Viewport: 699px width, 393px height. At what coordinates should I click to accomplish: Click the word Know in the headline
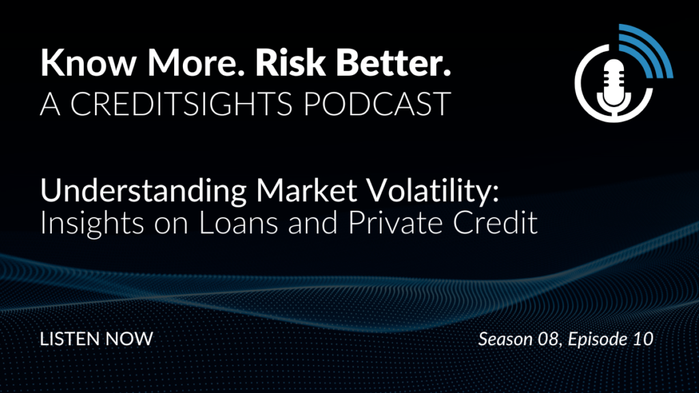click(88, 63)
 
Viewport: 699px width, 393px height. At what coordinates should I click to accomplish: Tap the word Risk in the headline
click(290, 63)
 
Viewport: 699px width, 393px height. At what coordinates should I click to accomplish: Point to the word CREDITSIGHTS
click(181, 104)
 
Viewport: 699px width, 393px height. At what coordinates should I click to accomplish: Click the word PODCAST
click(377, 104)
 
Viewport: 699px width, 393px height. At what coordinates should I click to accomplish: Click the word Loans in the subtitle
click(238, 223)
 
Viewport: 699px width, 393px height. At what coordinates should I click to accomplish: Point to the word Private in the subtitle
click(395, 223)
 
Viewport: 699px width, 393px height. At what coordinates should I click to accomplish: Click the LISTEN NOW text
click(96, 339)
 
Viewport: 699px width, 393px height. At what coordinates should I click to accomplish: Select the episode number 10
click(643, 339)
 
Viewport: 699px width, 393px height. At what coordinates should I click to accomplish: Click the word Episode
click(598, 340)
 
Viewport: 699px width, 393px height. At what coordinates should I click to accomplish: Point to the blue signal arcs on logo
click(651, 50)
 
